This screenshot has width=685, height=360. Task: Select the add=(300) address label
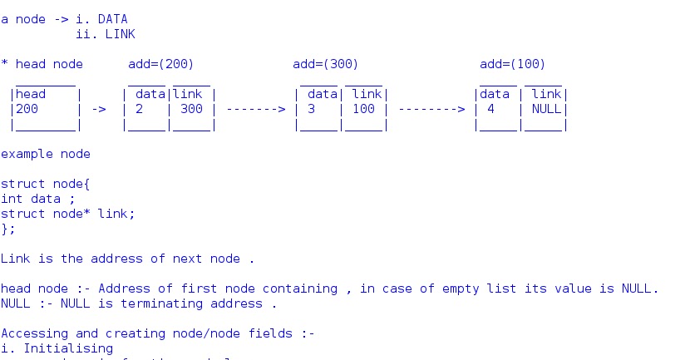326,64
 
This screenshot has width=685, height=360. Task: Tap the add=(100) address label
513,64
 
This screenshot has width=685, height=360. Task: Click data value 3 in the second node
311,109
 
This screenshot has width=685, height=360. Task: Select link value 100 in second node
363,109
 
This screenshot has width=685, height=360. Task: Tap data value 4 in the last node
491,109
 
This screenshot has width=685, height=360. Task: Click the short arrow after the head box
98,109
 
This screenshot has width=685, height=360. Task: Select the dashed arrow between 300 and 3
255,109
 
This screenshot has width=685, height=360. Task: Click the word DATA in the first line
113,19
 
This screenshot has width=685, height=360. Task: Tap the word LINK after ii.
120,34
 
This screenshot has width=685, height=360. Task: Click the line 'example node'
46,154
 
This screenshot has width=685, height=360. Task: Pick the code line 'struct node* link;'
67,214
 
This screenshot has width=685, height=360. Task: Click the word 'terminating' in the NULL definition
210,303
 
